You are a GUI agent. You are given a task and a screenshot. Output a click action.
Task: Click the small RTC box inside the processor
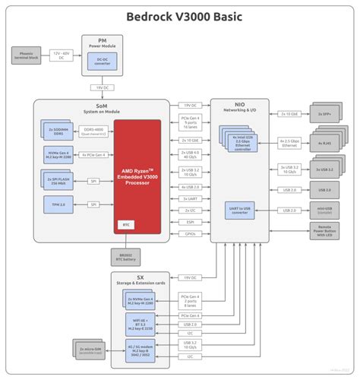[128, 224]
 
